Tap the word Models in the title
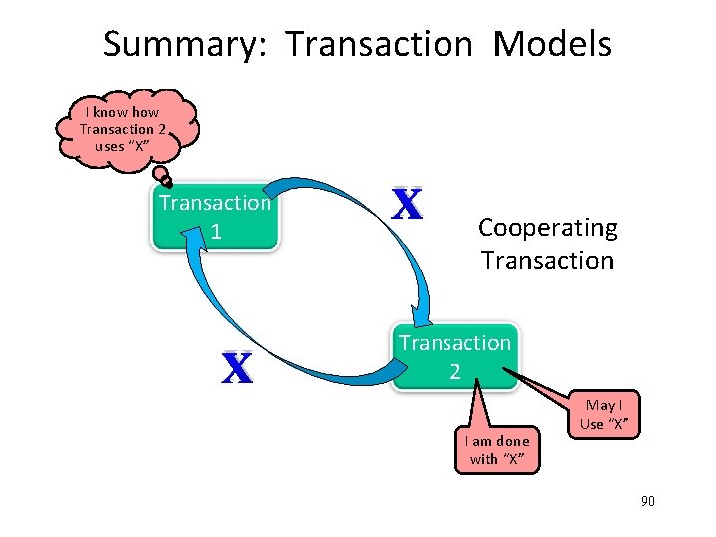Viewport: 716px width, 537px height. coord(552,45)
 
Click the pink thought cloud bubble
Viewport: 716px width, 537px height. coord(125,129)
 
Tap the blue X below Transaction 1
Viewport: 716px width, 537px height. coord(236,368)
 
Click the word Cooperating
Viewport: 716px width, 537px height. coord(547,228)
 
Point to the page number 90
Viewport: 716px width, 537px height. coord(648,502)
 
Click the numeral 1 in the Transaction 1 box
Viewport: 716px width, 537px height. coord(215,232)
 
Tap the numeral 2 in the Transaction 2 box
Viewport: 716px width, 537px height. coord(454,371)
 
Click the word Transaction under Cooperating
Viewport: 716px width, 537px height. coord(547,261)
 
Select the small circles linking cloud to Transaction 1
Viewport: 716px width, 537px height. coord(165,177)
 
